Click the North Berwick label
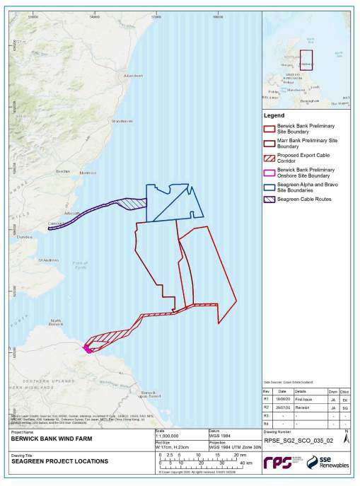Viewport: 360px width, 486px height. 58,324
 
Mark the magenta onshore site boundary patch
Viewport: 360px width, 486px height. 88,348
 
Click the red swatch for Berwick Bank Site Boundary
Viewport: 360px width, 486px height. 269,129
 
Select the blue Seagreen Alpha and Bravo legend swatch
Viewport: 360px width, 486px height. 269,187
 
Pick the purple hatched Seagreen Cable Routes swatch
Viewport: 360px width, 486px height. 269,199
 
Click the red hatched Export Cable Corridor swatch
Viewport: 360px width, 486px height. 269,156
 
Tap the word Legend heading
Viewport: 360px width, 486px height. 274,115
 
